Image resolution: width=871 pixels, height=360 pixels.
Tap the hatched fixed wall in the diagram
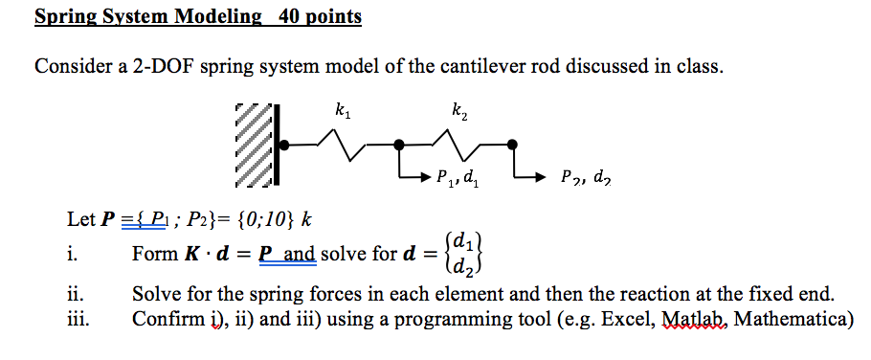[x=256, y=144]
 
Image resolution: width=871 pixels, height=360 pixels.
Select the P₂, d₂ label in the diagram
[x=584, y=177]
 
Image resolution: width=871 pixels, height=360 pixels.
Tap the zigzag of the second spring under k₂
[x=464, y=146]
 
